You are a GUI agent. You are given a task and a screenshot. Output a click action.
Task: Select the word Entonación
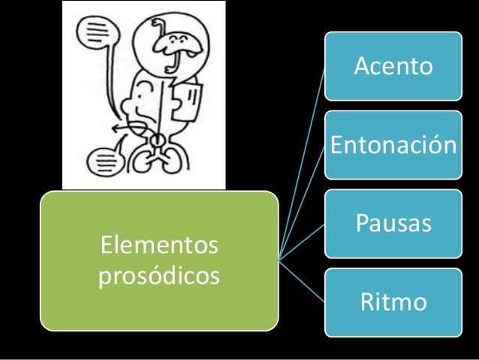pos(393,144)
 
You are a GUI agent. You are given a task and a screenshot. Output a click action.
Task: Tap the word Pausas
pos(393,223)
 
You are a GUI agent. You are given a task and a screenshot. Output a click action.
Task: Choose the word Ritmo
pos(393,302)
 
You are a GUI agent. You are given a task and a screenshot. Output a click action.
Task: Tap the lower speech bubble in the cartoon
pos(101,160)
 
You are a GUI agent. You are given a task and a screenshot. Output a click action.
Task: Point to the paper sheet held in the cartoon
pos(187,101)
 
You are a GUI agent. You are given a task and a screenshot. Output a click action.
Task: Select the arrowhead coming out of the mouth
pos(113,129)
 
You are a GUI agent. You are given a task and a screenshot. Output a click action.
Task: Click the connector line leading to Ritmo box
pos(302,281)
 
